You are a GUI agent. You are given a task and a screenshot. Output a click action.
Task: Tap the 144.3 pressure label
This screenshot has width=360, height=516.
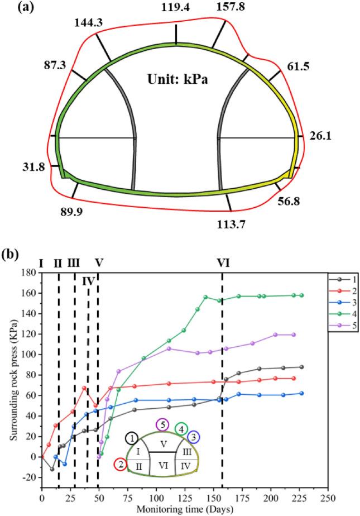(x=87, y=23)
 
